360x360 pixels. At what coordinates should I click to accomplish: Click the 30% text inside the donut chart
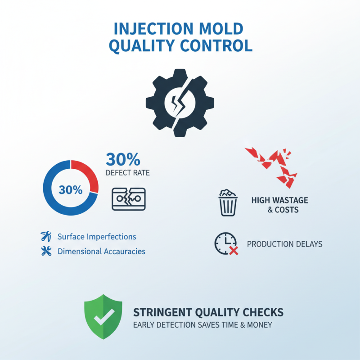pos(71,190)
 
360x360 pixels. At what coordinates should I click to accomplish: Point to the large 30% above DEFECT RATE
pos(123,159)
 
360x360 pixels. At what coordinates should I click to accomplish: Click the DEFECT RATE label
pos(127,173)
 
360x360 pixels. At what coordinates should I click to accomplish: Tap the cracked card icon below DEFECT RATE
pos(128,198)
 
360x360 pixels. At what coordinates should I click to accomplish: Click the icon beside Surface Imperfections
pos(46,236)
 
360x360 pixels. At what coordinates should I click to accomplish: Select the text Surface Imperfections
pos(97,237)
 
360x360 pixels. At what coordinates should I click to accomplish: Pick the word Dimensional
pos(79,252)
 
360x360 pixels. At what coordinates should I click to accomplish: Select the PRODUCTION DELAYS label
pos(285,244)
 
